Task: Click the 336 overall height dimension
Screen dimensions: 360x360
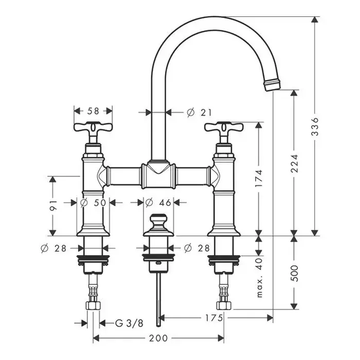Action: pyautogui.click(x=315, y=127)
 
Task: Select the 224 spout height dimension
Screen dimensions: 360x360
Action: pyautogui.click(x=294, y=163)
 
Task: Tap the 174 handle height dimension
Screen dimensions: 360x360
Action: pyautogui.click(x=259, y=178)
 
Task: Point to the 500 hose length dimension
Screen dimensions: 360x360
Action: pyautogui.click(x=294, y=273)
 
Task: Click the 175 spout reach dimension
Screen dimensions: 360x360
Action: pyautogui.click(x=214, y=318)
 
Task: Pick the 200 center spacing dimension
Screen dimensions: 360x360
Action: pyautogui.click(x=158, y=338)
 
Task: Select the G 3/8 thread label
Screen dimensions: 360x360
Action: pyautogui.click(x=129, y=323)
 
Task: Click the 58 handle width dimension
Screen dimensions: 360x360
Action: pyautogui.click(x=93, y=111)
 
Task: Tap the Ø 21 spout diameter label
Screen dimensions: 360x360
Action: pyautogui.click(x=199, y=113)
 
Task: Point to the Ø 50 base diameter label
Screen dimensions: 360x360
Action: pyautogui.click(x=93, y=203)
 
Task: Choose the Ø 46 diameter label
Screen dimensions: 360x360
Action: pyautogui.click(x=158, y=203)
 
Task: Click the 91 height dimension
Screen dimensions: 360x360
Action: pyautogui.click(x=53, y=206)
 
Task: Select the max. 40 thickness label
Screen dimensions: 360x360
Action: pyautogui.click(x=259, y=278)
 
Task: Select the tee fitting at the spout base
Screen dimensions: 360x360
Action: pyautogui.click(x=158, y=175)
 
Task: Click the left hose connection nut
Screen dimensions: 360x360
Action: pyautogui.click(x=93, y=306)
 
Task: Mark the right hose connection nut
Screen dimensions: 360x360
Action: pyautogui.click(x=224, y=306)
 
